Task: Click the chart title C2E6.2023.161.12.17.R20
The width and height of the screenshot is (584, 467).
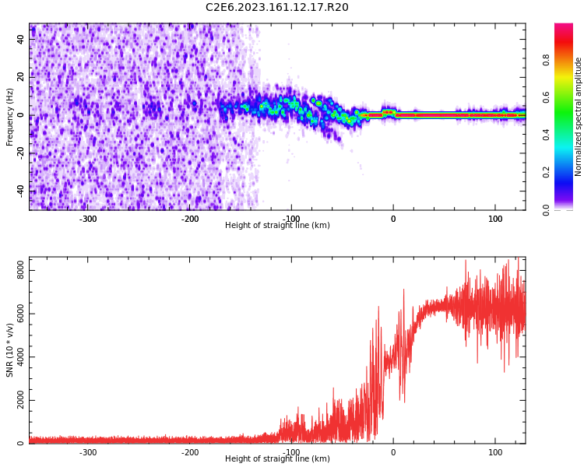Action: click(276, 8)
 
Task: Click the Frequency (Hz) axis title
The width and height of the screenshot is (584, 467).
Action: click(10, 117)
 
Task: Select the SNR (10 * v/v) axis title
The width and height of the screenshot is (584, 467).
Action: click(10, 350)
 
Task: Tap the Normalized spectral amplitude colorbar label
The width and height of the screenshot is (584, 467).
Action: click(579, 117)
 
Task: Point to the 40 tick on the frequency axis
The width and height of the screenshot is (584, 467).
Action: click(21, 39)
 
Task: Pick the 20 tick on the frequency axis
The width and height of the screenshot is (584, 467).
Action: click(21, 77)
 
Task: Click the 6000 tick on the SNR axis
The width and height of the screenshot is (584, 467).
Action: click(16, 314)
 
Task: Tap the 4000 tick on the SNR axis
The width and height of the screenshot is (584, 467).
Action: click(16, 358)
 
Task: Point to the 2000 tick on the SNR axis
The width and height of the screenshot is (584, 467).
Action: click(16, 401)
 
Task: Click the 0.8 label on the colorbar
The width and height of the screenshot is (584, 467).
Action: click(547, 60)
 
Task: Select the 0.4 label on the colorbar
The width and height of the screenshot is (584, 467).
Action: click(547, 135)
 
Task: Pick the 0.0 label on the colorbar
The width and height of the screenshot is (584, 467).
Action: click(547, 209)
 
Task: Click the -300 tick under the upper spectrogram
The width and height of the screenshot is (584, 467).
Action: click(88, 219)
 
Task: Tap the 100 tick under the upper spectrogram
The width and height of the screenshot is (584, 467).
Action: click(495, 219)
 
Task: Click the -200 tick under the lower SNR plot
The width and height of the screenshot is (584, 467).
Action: click(190, 452)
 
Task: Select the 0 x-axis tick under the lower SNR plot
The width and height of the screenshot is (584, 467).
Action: click(393, 452)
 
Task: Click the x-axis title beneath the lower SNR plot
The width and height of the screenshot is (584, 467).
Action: click(277, 459)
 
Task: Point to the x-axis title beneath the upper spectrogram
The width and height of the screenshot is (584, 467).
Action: click(277, 226)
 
